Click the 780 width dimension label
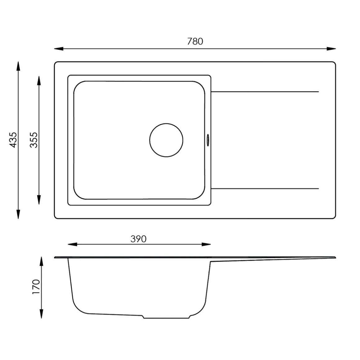pyautogui.click(x=195, y=41)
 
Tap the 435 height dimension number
pyautogui.click(x=13, y=140)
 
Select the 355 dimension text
pyautogui.click(x=34, y=140)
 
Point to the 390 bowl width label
pyautogui.click(x=138, y=239)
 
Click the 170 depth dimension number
pyautogui.click(x=36, y=287)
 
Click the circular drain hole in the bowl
pyautogui.click(x=166, y=140)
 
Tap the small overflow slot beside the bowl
pyautogui.click(x=208, y=140)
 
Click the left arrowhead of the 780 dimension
pyautogui.click(x=59, y=49)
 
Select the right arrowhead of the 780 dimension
pyautogui.click(x=331, y=49)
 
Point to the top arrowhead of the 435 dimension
pyautogui.click(x=18, y=66)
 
